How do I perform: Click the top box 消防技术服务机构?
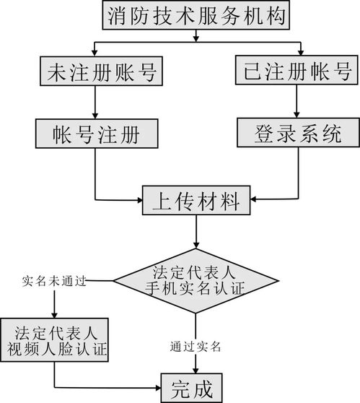coord(197,15)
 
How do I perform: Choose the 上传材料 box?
coord(196,200)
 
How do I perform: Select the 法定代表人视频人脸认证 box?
coord(55,340)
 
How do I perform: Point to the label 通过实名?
coord(196,345)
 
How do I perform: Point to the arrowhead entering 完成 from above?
coord(196,370)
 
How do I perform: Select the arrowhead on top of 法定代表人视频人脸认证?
coord(55,314)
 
